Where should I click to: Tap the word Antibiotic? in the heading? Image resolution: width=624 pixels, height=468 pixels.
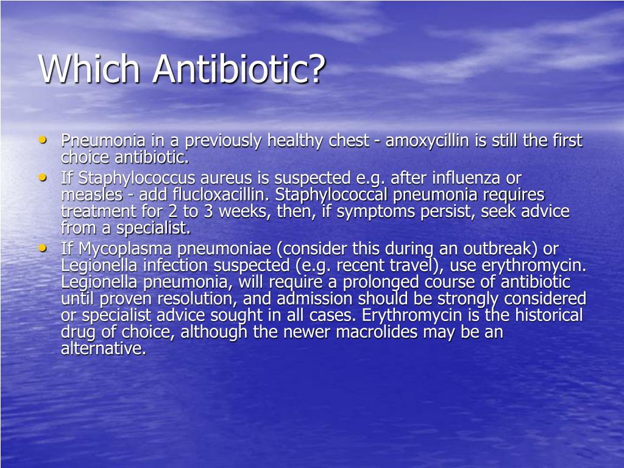tap(239, 68)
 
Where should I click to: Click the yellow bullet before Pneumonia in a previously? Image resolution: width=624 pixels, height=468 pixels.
tap(42, 140)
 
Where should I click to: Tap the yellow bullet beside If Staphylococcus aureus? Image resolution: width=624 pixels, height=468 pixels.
tap(42, 177)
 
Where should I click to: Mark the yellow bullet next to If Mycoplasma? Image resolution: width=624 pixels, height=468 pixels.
tap(42, 248)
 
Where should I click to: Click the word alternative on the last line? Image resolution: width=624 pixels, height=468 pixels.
tap(103, 349)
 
